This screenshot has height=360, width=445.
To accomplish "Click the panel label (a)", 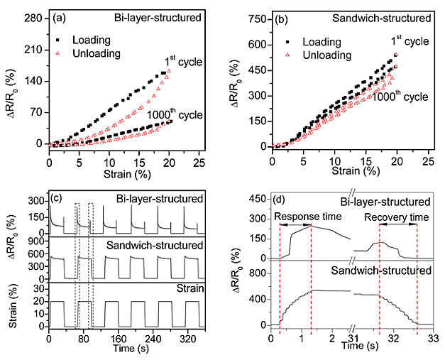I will [61, 16].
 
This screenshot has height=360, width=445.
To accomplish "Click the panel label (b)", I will [285, 16].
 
